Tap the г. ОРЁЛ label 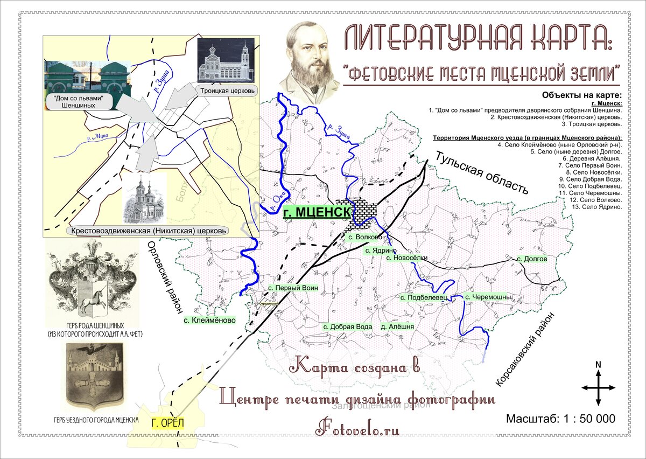tap(167, 423)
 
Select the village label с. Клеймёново tap(209, 320)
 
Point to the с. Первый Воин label tap(293, 288)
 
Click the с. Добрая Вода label tap(348, 326)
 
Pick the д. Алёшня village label tap(397, 326)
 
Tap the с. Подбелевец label tap(424, 297)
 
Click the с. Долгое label tap(532, 259)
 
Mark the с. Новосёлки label tap(407, 258)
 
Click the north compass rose tap(598, 386)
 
